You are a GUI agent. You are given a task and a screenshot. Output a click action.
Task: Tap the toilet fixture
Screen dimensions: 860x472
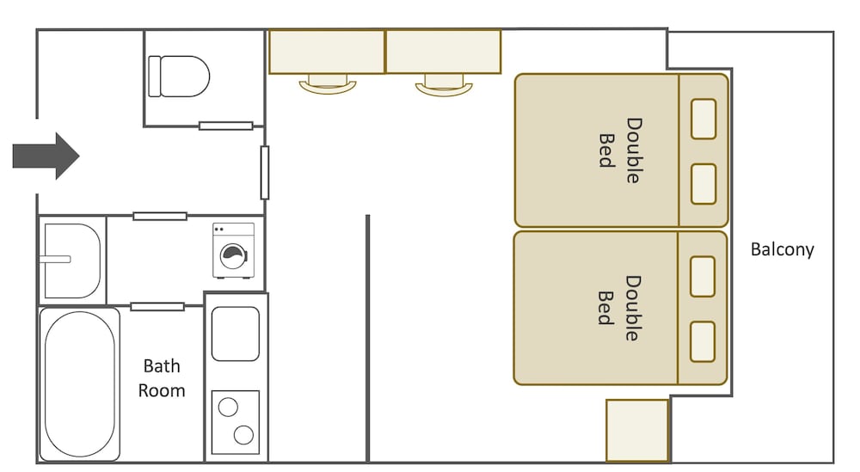pos(179,77)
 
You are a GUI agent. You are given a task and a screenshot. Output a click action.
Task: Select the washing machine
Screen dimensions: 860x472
pos(234,250)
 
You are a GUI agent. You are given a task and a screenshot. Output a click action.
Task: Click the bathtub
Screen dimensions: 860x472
pos(80,383)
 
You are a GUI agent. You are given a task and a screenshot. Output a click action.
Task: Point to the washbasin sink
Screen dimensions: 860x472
pos(71,261)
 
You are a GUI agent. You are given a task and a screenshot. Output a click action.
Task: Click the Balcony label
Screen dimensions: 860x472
pos(782,249)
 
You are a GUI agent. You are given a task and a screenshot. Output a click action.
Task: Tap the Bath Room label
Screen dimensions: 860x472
pos(162,378)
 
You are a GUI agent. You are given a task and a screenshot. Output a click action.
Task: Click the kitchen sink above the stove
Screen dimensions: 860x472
pos(236,334)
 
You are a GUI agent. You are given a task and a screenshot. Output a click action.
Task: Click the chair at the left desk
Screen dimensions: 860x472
pos(328,84)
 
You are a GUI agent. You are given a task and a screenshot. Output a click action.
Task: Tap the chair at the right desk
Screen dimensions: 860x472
pos(445,86)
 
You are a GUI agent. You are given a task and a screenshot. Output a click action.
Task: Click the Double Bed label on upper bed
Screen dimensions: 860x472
pos(620,150)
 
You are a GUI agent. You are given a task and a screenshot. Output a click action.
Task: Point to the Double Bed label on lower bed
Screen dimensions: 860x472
pos(619,308)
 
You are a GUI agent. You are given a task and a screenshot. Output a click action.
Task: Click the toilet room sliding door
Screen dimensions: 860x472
pos(226,126)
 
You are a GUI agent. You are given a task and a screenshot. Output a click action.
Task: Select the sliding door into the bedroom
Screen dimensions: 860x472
pos(265,173)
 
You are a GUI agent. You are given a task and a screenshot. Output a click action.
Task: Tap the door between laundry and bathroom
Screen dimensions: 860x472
pos(157,306)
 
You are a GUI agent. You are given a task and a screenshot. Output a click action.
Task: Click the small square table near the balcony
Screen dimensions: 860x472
pos(637,431)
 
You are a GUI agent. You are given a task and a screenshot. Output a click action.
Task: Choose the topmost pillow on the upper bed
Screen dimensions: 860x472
pos(703,119)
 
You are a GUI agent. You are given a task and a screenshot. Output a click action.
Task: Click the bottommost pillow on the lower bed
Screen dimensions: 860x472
pos(703,342)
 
